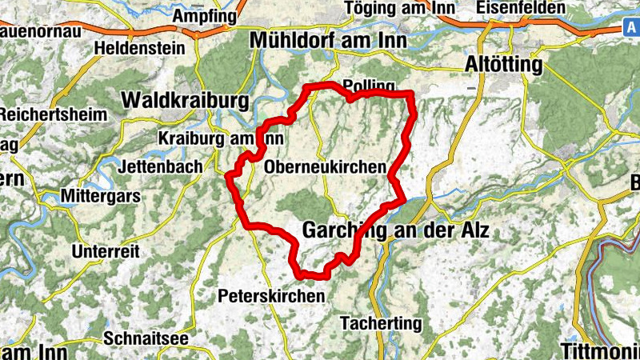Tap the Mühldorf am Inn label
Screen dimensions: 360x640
[x=328, y=40]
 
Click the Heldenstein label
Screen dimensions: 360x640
[x=139, y=48]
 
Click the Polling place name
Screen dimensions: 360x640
[x=368, y=86]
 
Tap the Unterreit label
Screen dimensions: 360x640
[x=105, y=251]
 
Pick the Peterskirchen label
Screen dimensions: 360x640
[x=271, y=296]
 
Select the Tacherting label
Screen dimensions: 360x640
[x=380, y=323]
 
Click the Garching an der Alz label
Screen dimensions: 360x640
[x=395, y=230]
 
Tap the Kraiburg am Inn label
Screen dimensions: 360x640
[x=221, y=138]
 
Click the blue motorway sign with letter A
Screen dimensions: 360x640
[x=630, y=27]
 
